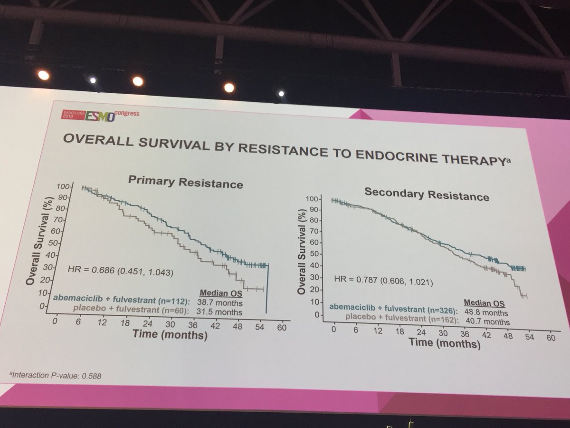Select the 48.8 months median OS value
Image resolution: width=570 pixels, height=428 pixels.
click(489, 313)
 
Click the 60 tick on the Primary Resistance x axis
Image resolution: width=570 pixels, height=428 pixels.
click(282, 328)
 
